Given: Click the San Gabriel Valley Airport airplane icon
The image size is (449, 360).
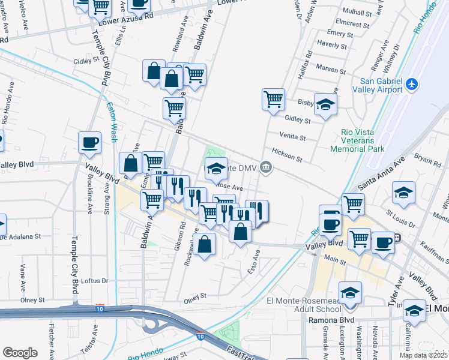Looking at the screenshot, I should (411, 85).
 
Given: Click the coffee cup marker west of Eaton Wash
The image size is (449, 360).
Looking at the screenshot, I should (90, 143).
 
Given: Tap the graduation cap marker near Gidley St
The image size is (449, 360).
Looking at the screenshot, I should (325, 105).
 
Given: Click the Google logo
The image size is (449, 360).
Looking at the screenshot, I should (20, 353).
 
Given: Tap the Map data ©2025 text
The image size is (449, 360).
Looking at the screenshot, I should (423, 355).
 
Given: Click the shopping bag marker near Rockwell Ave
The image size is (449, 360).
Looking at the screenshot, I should (204, 244).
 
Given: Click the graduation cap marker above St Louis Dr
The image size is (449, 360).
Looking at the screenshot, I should (404, 193).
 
